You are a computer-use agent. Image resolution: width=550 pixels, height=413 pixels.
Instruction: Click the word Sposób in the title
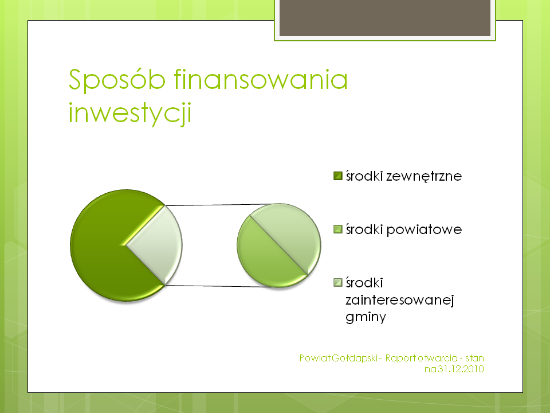click(x=117, y=80)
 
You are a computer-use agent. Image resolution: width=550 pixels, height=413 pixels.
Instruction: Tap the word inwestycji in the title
click(x=130, y=112)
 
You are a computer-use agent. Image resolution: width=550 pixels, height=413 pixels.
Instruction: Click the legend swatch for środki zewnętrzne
click(x=338, y=176)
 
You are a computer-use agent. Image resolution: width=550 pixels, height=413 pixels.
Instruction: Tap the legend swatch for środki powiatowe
click(x=338, y=229)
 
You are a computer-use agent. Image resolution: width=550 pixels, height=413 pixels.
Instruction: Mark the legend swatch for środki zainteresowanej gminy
click(x=338, y=283)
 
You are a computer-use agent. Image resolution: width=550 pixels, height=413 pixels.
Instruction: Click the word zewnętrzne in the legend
click(x=424, y=176)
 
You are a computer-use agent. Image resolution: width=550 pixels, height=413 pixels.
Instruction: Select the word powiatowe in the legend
click(x=424, y=229)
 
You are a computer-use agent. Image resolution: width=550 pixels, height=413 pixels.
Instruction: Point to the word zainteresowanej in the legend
click(x=399, y=299)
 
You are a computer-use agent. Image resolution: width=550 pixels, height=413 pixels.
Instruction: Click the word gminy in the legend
click(x=366, y=317)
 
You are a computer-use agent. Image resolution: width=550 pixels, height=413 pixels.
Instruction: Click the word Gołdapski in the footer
click(x=355, y=358)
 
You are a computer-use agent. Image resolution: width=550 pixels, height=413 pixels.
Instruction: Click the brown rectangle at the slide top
click(x=385, y=18)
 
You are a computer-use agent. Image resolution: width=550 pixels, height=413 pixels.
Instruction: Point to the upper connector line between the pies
click(x=217, y=205)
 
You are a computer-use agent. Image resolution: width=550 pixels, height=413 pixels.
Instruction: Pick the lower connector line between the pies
click(x=217, y=286)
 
